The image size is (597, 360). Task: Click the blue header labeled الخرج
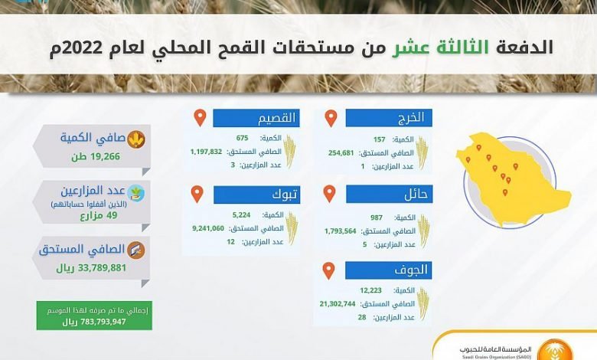click(x=389, y=118)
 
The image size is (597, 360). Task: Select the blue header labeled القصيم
click(x=256, y=118)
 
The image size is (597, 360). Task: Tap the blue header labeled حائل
click(x=389, y=195)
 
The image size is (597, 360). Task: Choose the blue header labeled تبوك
click(x=257, y=195)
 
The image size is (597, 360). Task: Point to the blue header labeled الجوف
click(x=389, y=270)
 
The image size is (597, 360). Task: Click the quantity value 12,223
click(x=371, y=290)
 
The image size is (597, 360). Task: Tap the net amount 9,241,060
click(x=208, y=228)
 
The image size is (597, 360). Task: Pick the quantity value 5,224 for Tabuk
click(x=241, y=215)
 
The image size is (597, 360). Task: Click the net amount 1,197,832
click(x=206, y=152)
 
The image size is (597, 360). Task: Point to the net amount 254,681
click(x=341, y=152)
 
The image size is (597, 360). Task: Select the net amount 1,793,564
click(x=341, y=231)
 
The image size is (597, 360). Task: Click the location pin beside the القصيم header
click(x=200, y=118)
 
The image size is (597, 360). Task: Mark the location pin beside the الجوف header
click(x=328, y=270)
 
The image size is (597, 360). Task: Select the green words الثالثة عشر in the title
click(x=441, y=47)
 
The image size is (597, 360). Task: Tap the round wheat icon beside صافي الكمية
click(x=136, y=139)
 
